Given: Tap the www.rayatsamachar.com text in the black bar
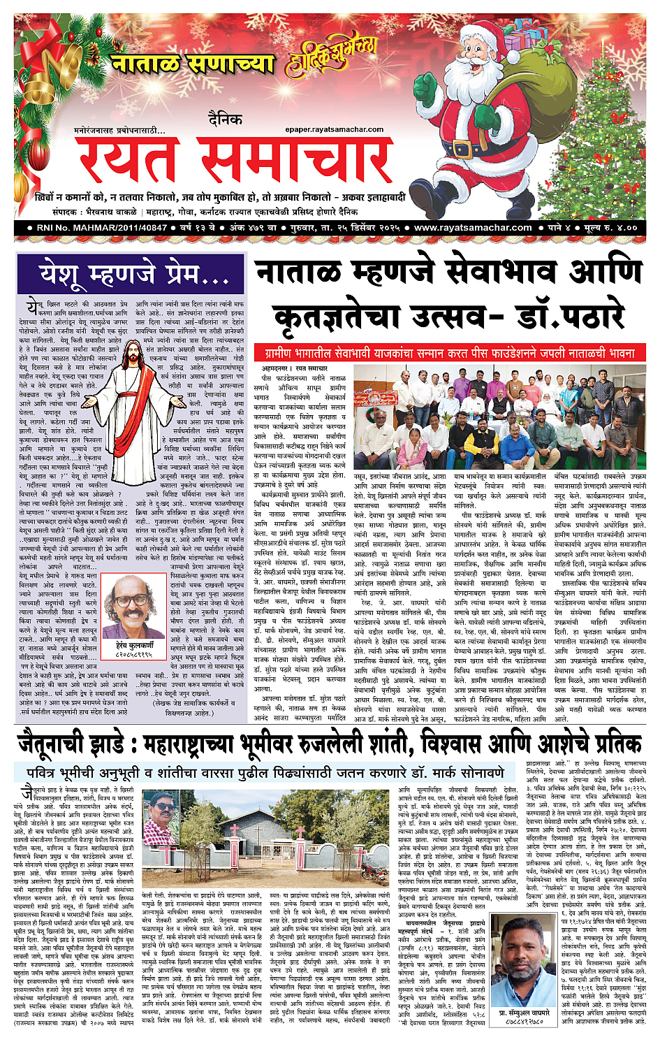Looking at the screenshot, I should point(473,228).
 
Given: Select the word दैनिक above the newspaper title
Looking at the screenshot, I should point(224,120).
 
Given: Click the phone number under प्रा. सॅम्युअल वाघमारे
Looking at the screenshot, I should point(522,1022).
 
